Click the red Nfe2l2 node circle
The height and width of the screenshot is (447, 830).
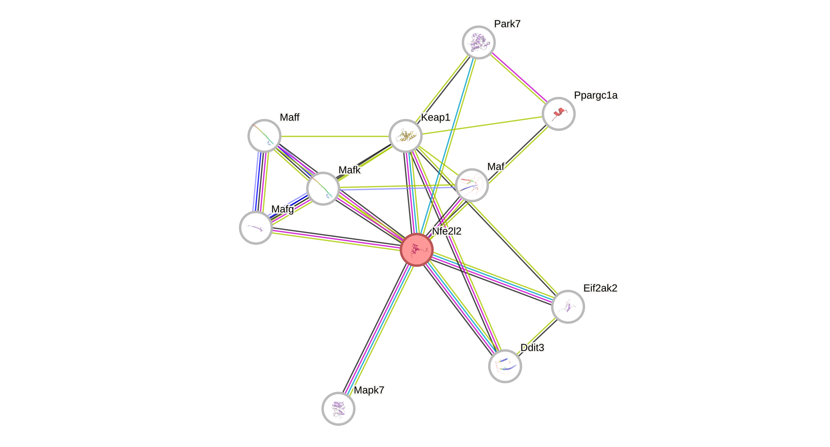417,250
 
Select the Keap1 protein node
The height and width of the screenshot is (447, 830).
406,136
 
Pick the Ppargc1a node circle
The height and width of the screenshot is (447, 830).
558,114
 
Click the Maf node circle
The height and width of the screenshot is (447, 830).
472,185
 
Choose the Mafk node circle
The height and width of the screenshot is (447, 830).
323,188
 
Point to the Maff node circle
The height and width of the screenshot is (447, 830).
264,136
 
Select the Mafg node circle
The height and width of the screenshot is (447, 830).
256,227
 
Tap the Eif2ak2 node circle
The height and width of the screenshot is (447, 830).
568,306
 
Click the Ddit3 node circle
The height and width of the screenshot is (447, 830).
505,366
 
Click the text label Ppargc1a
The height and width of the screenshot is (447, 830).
596,95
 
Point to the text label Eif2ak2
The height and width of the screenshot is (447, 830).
600,288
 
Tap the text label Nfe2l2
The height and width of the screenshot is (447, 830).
447,231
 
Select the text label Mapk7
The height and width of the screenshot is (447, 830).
369,390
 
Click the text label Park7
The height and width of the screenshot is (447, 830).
507,24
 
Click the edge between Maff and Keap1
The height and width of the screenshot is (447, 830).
335,136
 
